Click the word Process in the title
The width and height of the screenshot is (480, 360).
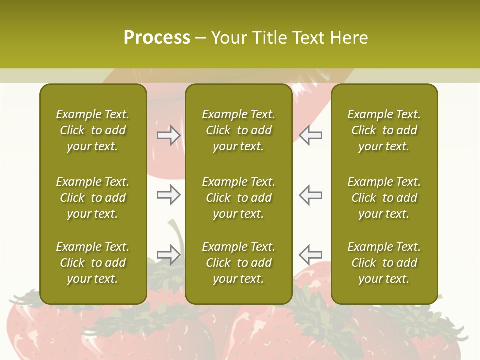157,38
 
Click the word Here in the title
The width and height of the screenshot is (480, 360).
348,38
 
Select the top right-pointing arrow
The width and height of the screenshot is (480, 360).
168,135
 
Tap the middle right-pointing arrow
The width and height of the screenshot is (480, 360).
168,195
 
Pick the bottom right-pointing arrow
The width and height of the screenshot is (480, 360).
168,254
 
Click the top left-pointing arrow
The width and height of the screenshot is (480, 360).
311,135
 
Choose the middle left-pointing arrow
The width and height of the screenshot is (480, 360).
311,195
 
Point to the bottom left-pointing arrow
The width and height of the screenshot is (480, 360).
311,254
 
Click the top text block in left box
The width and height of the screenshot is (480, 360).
93,130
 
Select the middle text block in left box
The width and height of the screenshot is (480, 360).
93,198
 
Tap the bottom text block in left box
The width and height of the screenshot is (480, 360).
93,263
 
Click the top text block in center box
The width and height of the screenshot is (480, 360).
238,130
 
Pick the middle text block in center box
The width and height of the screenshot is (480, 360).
238,198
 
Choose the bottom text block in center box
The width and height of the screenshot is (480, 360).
238,263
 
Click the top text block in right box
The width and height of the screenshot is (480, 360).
384,130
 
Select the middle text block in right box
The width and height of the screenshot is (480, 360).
384,198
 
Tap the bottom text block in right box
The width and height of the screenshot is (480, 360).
384,263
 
